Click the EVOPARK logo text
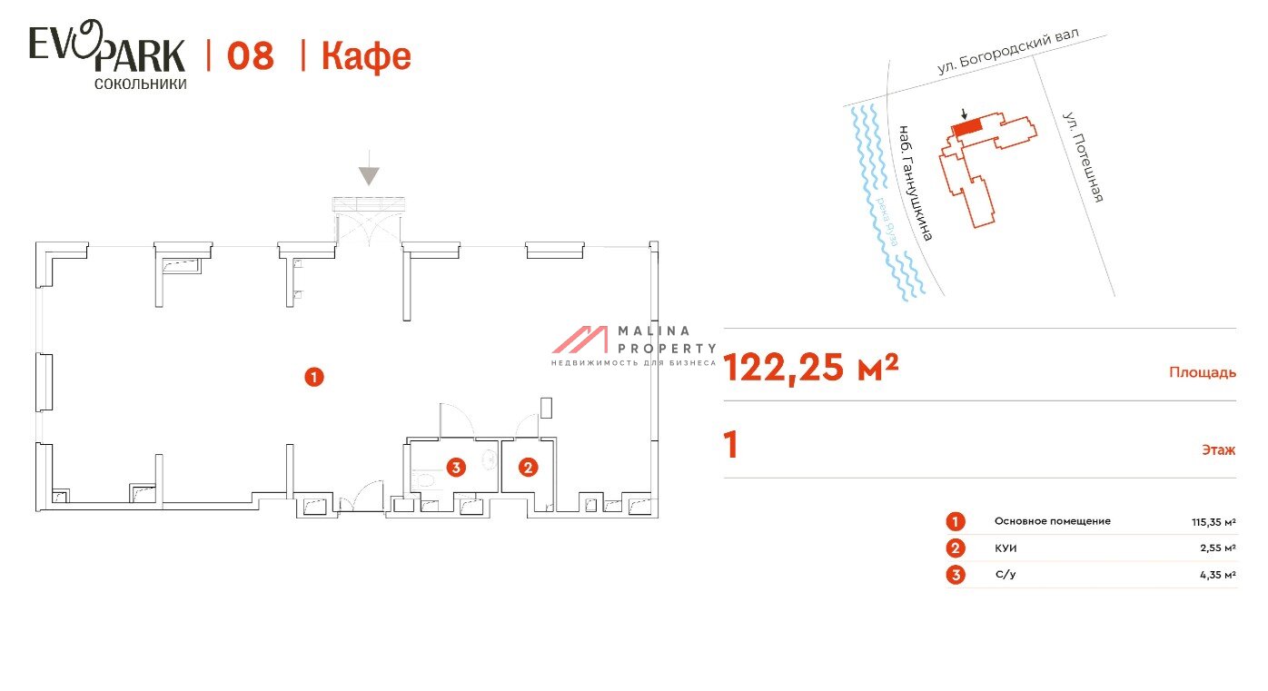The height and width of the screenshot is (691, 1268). pyautogui.click(x=107, y=47)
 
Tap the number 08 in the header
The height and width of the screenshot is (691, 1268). pyautogui.click(x=250, y=56)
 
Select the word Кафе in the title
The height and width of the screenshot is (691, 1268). pyautogui.click(x=366, y=57)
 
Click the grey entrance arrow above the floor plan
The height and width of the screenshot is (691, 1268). pyautogui.click(x=369, y=168)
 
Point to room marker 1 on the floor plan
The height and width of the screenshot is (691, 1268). pyautogui.click(x=314, y=377)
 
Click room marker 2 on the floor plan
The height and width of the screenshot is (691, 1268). pyautogui.click(x=528, y=468)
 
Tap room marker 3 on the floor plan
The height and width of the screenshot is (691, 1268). pyautogui.click(x=456, y=468)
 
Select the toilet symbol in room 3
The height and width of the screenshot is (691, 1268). pyautogui.click(x=423, y=480)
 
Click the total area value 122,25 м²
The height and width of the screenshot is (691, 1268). pyautogui.click(x=810, y=367)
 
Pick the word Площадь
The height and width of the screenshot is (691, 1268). pyautogui.click(x=1203, y=372)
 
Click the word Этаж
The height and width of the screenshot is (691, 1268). pyautogui.click(x=1219, y=449)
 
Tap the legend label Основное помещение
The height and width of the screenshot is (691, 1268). pyautogui.click(x=1053, y=521)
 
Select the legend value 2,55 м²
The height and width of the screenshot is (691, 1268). pyautogui.click(x=1218, y=548)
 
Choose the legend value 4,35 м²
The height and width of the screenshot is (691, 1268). pyautogui.click(x=1218, y=575)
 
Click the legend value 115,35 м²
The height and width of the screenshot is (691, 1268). pyautogui.click(x=1214, y=522)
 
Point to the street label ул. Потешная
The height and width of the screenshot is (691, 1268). pyautogui.click(x=1083, y=157)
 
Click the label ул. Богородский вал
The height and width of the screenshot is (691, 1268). pyautogui.click(x=1008, y=50)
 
